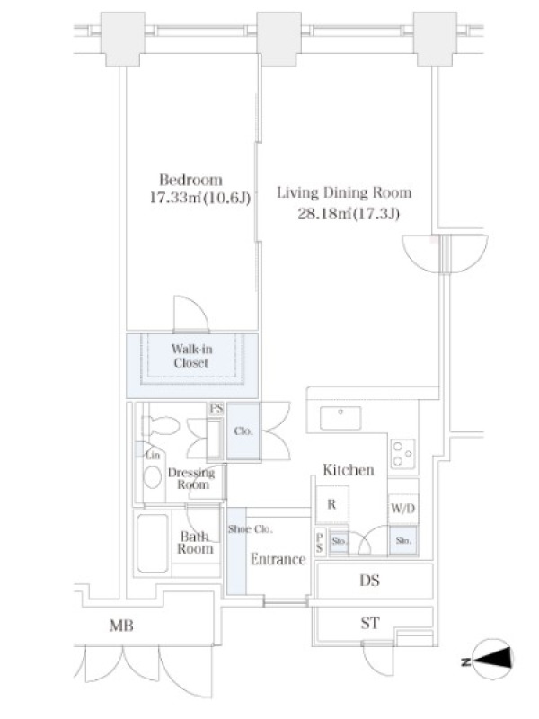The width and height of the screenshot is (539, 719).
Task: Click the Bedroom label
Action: [190, 179]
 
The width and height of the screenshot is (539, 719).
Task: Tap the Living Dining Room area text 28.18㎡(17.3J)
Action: [349, 214]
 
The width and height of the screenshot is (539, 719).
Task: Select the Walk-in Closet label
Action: [191, 356]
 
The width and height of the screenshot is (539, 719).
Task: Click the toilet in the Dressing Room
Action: [161, 426]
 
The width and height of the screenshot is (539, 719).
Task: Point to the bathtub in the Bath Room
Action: [153, 543]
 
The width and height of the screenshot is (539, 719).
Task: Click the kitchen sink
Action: [340, 418]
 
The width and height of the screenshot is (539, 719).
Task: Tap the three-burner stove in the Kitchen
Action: [402, 454]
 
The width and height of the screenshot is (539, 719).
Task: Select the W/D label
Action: [403, 508]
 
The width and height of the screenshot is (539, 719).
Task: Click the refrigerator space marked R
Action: [331, 504]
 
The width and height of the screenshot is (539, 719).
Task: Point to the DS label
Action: [369, 581]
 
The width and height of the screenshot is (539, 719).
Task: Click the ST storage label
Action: [370, 623]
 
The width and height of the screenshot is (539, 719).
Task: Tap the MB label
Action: [121, 625]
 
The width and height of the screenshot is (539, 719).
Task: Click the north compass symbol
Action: [490, 661]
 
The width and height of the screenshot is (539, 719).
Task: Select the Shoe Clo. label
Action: [251, 529]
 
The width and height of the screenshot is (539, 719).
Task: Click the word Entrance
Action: [278, 559]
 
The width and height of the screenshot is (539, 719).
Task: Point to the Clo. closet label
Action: [243, 431]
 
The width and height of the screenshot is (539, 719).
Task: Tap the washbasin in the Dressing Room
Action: [153, 477]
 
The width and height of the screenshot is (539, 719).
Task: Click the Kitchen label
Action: [349, 469]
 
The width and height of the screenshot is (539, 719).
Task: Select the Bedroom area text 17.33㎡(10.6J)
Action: [200, 198]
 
